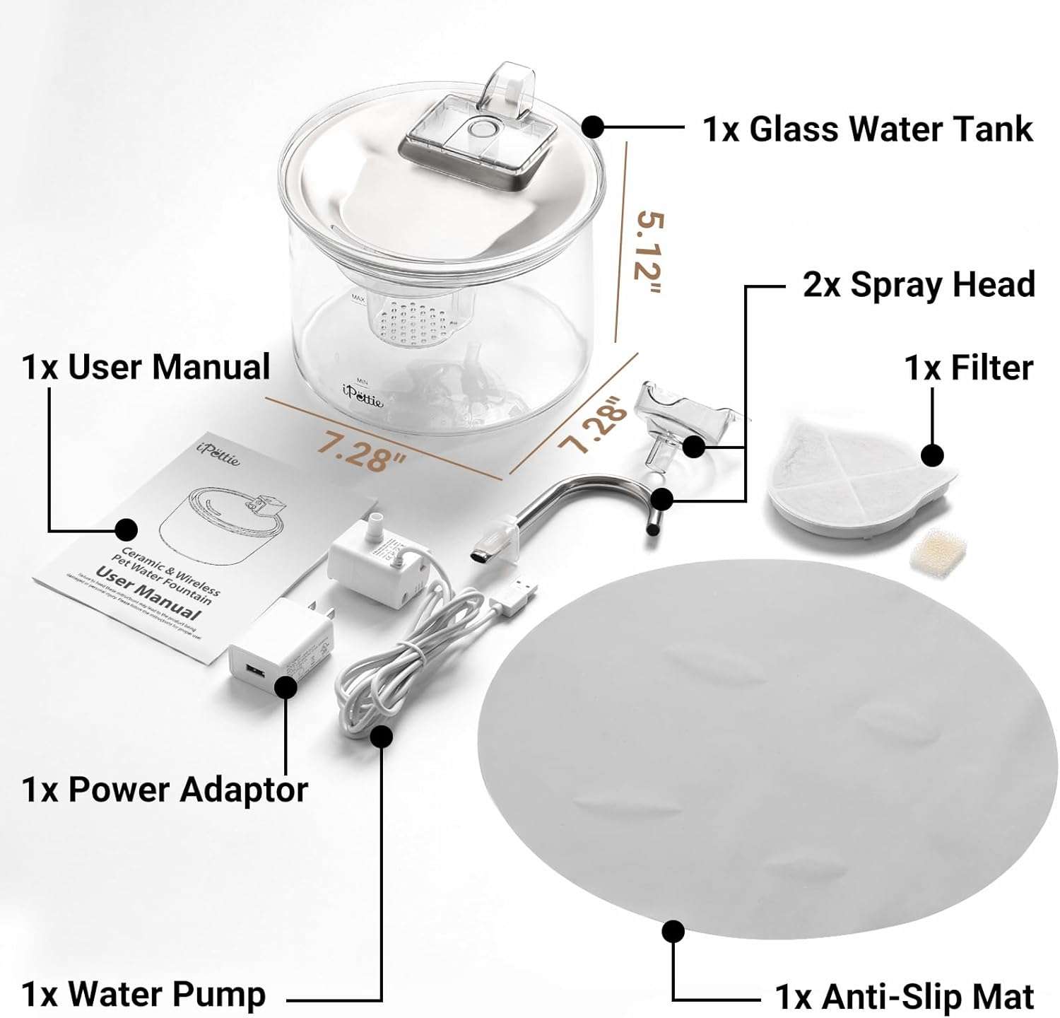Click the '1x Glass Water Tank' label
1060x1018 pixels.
pyautogui.click(x=868, y=129)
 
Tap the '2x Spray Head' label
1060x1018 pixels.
pyautogui.click(x=919, y=285)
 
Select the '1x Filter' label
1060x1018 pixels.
pyautogui.click(x=968, y=368)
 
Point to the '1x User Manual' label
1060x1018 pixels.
pyautogui.click(x=146, y=368)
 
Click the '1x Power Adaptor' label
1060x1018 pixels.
pyautogui.click(x=165, y=790)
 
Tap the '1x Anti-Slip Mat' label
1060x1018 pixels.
pyautogui.click(x=905, y=997)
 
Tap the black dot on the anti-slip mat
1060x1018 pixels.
pyautogui.click(x=673, y=930)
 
